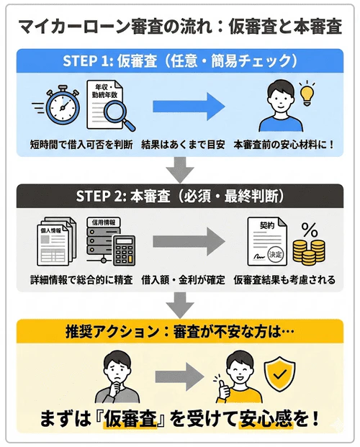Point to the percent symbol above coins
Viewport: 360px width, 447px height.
(x=310, y=229)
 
